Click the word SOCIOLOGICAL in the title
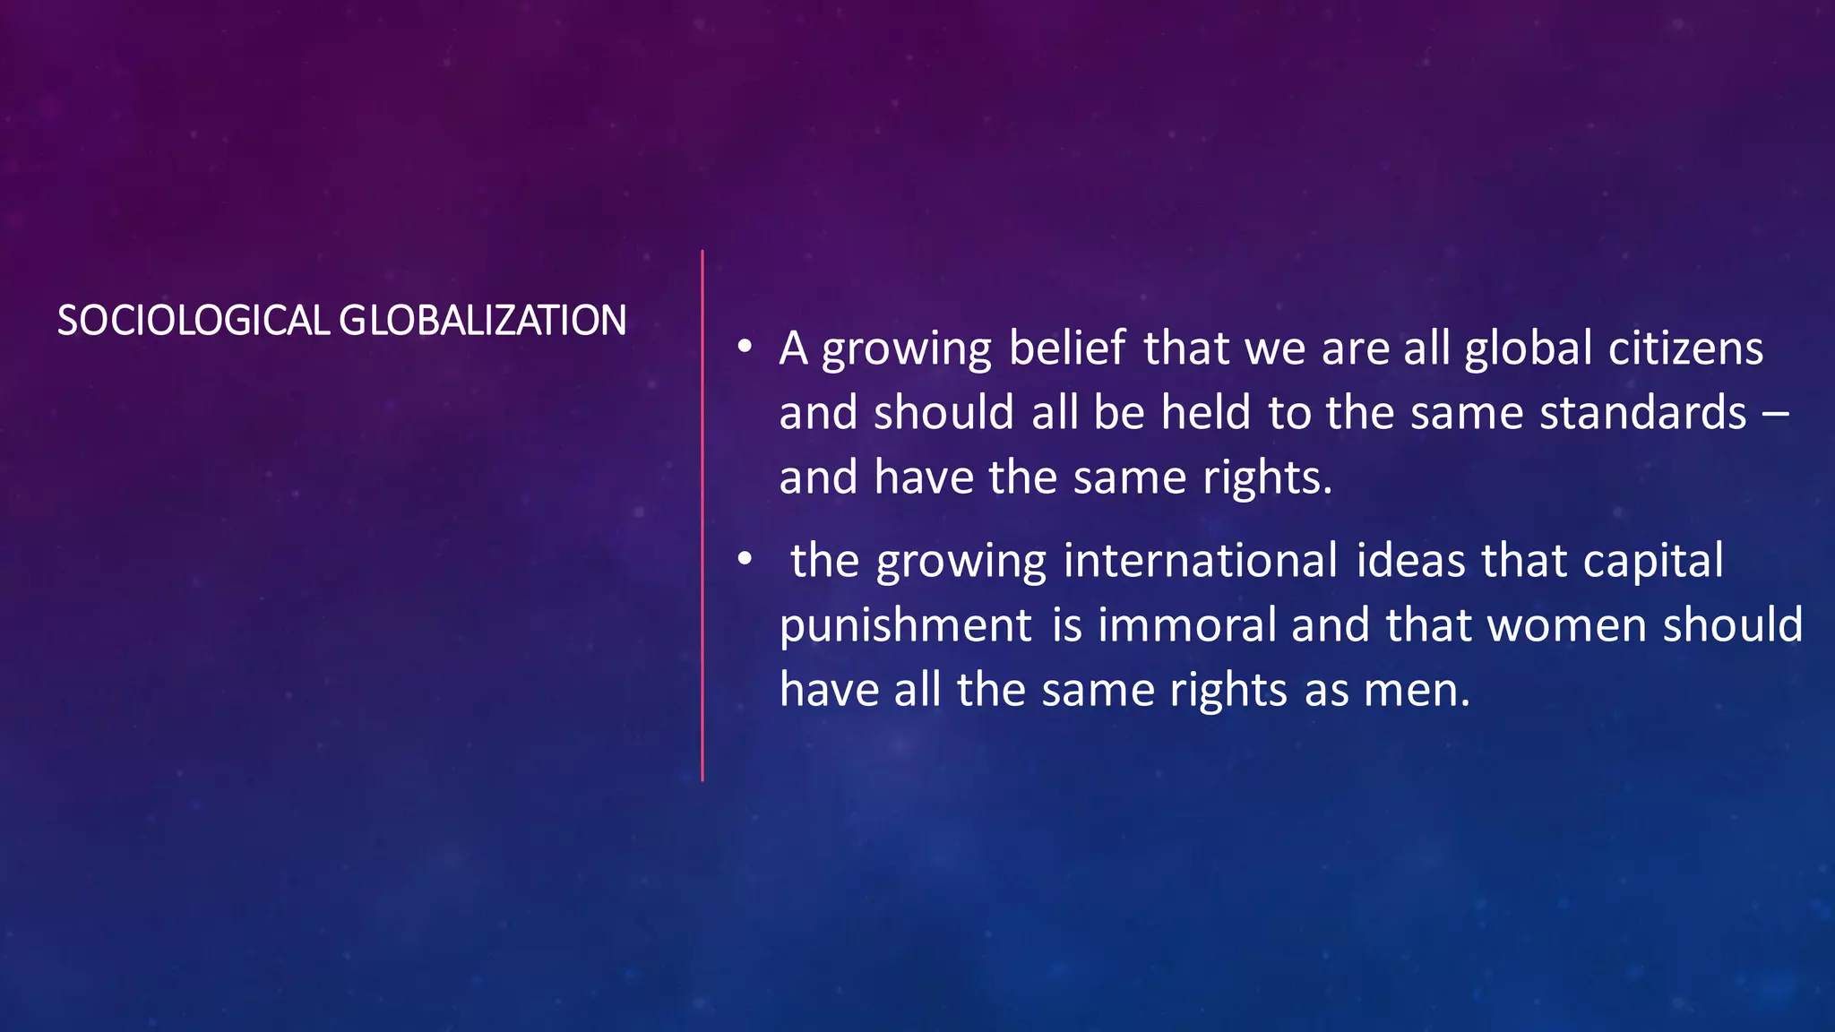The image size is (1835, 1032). (194, 321)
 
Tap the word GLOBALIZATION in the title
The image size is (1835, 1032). (483, 321)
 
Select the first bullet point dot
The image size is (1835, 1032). (745, 347)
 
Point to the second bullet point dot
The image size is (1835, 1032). (745, 559)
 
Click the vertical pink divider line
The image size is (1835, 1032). (702, 515)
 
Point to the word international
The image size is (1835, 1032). (1201, 560)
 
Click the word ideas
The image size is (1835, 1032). (1410, 560)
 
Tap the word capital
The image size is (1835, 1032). (1653, 562)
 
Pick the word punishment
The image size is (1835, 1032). (906, 626)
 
